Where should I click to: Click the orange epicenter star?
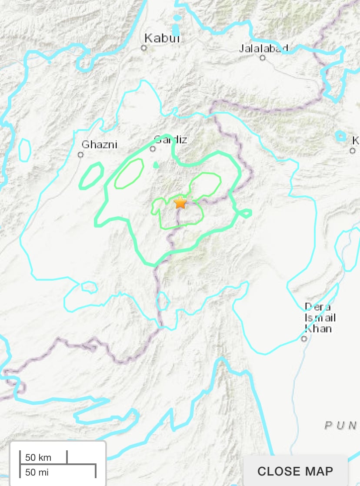click(180, 202)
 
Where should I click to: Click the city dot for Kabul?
click(144, 48)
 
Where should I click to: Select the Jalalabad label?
click(264, 48)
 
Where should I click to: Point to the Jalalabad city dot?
click(263, 57)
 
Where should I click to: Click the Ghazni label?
click(100, 144)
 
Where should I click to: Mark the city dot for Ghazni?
click(80, 154)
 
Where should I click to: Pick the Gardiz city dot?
click(153, 149)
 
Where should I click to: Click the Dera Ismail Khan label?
click(320, 317)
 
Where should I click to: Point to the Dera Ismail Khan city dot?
click(305, 339)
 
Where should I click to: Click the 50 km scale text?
click(38, 457)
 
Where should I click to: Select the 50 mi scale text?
click(37, 472)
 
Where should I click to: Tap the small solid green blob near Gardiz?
click(156, 165)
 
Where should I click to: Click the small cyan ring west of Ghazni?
click(24, 149)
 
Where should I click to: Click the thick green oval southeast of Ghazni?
click(91, 176)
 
